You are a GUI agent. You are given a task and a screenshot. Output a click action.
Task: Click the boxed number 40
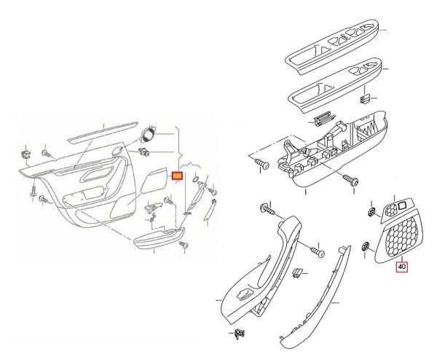[x=403, y=267]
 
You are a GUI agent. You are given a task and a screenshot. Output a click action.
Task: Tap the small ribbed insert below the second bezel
[x=321, y=120]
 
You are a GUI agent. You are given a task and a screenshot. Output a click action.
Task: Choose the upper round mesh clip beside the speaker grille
[x=370, y=211]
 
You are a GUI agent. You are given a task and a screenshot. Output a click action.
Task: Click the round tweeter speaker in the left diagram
[x=150, y=136]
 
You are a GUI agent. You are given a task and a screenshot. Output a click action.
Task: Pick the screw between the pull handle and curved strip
[x=316, y=251]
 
